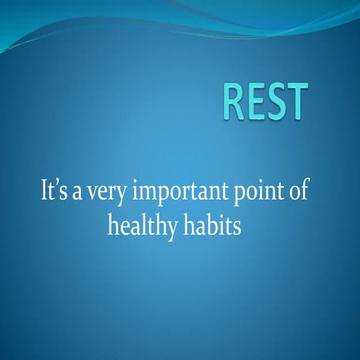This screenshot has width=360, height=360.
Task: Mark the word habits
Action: (x=212, y=225)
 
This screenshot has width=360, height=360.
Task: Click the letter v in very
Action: (x=98, y=193)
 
